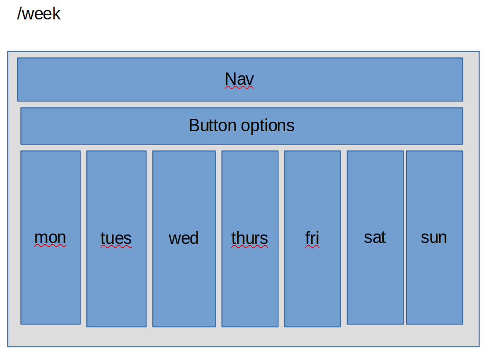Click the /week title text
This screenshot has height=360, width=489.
click(39, 14)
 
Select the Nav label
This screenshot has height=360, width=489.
click(239, 79)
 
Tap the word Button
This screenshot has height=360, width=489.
click(213, 126)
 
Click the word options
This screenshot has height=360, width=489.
click(268, 126)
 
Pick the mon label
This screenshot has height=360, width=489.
click(50, 237)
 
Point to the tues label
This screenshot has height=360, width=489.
click(116, 238)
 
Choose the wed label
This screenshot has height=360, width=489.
click(183, 238)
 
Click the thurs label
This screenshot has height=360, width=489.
click(250, 238)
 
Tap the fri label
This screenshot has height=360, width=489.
click(312, 238)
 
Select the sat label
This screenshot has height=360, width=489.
click(375, 237)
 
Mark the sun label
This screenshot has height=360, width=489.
click(434, 237)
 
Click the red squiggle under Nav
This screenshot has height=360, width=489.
click(239, 88)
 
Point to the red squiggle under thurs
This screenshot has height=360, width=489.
click(250, 246)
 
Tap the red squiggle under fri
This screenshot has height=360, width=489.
click(312, 246)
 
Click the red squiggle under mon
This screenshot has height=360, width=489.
click(50, 246)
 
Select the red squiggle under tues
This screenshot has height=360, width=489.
click(116, 246)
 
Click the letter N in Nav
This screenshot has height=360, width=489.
click(230, 79)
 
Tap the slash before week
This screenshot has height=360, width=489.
click(19, 14)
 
